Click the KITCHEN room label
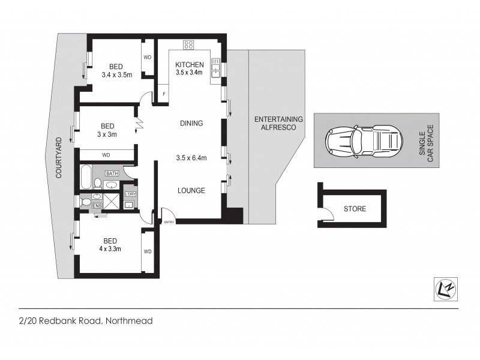point(189,65)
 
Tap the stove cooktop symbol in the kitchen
point(189,44)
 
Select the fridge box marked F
point(163,94)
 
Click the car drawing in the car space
point(362,141)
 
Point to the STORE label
point(355,209)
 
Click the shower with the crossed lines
point(112,200)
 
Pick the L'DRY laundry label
point(130,194)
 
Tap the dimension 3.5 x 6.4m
point(192,158)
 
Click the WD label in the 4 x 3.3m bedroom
point(148,251)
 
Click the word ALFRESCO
point(278,127)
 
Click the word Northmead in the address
point(129,321)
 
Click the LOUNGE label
point(191,191)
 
